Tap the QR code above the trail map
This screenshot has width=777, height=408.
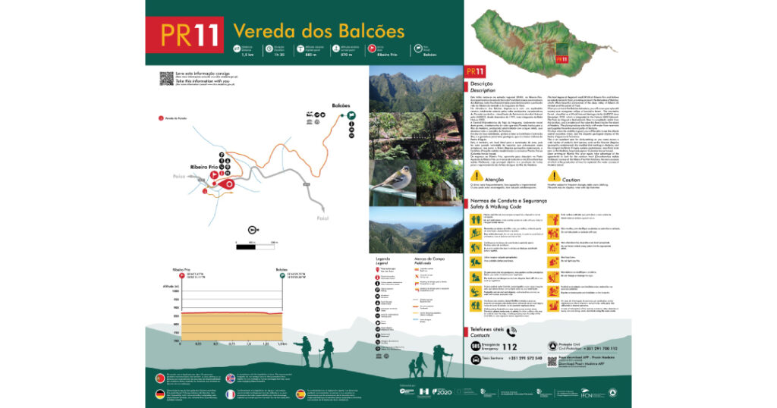pyautogui.click(x=166, y=79)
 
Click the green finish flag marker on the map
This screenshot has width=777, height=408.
pyautogui.click(x=351, y=116)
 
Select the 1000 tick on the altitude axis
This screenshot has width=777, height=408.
pyautogui.click(x=177, y=290)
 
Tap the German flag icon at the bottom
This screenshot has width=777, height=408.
pyautogui.click(x=159, y=393)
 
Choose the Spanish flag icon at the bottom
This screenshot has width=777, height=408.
pyautogui.click(x=300, y=393)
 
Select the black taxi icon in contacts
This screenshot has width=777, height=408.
pyautogui.click(x=474, y=357)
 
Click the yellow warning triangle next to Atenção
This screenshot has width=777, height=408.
pyautogui.click(x=477, y=175)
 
